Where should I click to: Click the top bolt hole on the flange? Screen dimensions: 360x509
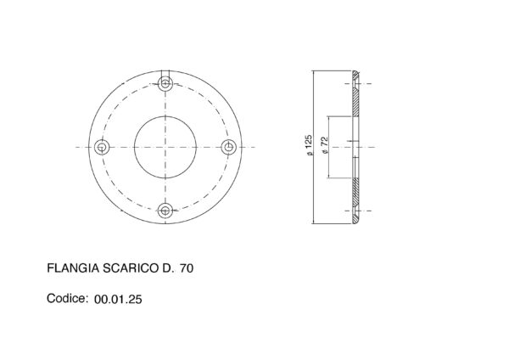pos(165,83)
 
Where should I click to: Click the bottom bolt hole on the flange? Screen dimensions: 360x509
pos(165,210)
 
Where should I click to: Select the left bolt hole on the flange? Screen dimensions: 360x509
pos(103,147)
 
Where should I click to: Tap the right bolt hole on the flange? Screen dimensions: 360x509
pos(227,147)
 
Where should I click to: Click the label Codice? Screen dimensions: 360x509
pos(66,299)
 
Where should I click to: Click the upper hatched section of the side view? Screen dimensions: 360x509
pos(357,97)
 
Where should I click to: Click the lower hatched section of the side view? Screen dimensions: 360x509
pos(357,197)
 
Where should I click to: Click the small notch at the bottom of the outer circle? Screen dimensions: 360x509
pos(165,222)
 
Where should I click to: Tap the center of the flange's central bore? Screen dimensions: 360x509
pos(165,147)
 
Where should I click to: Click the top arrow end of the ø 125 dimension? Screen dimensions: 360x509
pos(315,73)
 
